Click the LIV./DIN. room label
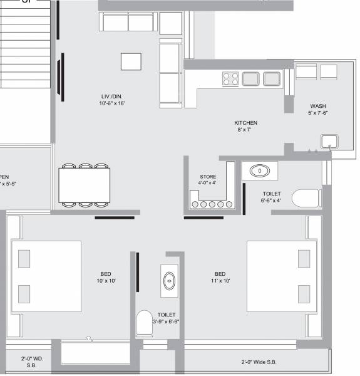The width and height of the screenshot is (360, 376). point(115,99)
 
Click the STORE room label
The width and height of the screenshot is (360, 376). point(208,180)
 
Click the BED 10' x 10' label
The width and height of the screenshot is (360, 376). point(106,278)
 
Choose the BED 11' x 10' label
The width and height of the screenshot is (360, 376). point(220,278)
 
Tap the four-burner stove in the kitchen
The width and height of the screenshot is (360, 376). point(230,78)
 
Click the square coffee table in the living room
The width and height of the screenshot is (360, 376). point(131,61)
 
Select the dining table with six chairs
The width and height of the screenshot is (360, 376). point(85,185)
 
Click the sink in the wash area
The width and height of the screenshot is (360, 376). point(328,140)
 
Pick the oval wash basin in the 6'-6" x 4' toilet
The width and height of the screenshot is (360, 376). point(259,170)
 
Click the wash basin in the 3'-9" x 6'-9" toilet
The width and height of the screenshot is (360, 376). point(168,281)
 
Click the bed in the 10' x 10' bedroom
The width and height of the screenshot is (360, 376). point(46,276)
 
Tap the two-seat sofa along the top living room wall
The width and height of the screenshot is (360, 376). point(128,22)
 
